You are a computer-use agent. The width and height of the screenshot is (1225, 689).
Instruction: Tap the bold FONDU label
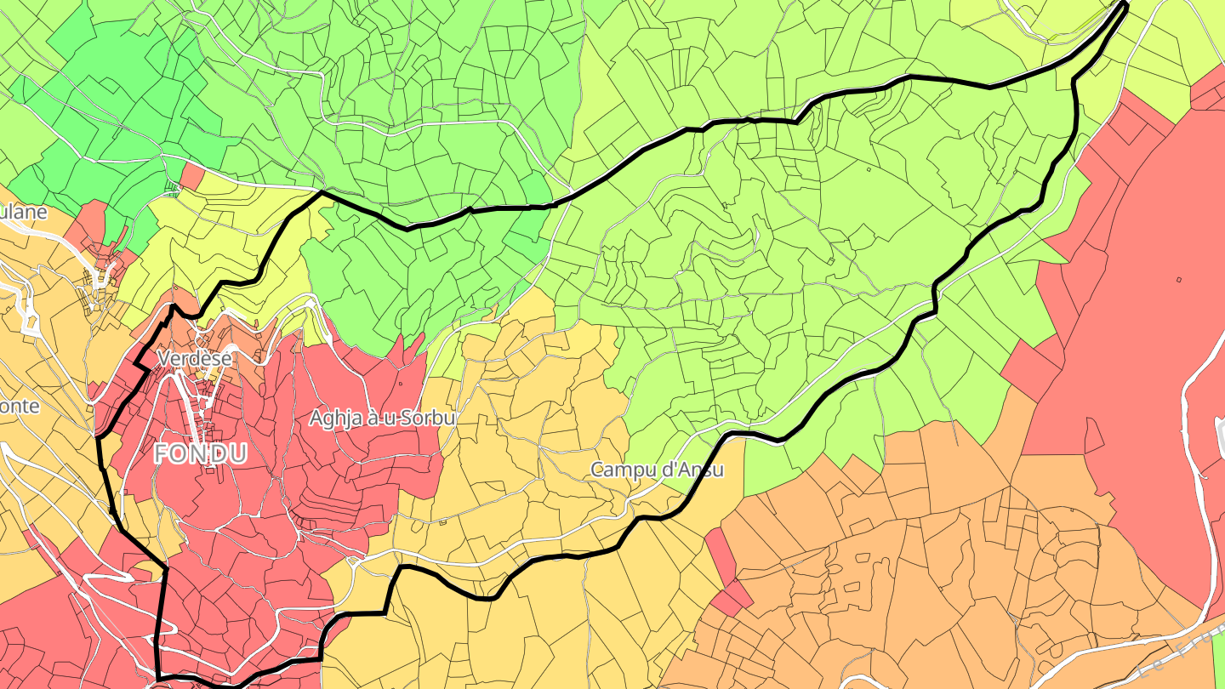[x=201, y=454]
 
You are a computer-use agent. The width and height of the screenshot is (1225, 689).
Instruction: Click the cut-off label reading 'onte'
[x=20, y=407]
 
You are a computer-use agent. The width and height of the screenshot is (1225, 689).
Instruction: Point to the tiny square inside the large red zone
[x=1179, y=280]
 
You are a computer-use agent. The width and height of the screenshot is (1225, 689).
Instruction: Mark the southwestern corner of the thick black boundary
[x=159, y=677]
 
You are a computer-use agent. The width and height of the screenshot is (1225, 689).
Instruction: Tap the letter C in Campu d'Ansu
[x=597, y=469]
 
